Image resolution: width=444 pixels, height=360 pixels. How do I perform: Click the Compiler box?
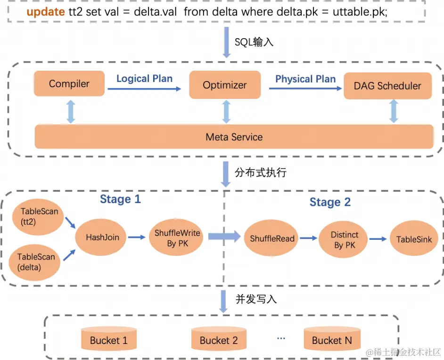(x=69, y=84)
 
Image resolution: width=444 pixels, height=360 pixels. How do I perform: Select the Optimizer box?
(x=225, y=85)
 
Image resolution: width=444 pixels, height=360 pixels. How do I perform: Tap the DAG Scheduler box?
(x=387, y=86)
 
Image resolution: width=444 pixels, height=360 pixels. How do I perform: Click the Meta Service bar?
(x=234, y=137)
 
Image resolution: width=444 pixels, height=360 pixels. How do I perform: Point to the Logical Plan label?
(x=144, y=79)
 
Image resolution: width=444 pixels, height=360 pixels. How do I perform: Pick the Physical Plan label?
(x=305, y=79)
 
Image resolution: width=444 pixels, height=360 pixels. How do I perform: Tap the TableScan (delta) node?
(x=36, y=262)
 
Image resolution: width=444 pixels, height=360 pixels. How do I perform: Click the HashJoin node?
(x=102, y=237)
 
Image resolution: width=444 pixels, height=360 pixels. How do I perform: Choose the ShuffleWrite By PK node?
(x=177, y=238)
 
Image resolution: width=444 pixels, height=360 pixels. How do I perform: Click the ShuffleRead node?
(x=272, y=238)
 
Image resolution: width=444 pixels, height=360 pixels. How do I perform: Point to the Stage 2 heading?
(x=330, y=203)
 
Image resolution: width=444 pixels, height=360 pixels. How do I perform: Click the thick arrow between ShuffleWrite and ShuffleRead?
(x=224, y=237)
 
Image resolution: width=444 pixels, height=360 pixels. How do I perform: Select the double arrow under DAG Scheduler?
(x=394, y=112)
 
